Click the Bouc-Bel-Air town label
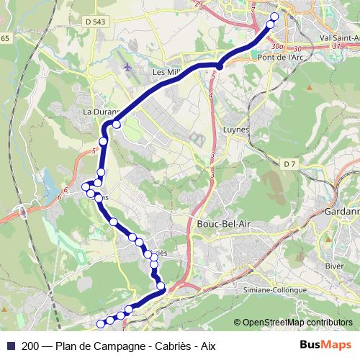pyautogui.click(x=223, y=224)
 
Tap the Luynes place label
pyautogui.click(x=235, y=130)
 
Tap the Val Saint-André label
pyautogui.click(x=338, y=37)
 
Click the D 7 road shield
pyautogui.click(x=289, y=164)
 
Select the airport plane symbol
pyautogui.click(x=127, y=67)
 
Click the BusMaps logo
pyautogui.click(x=325, y=344)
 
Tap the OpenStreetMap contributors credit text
pyautogui.click(x=297, y=323)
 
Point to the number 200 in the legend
pyautogui.click(x=30, y=345)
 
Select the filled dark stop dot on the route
pyautogui.click(x=219, y=66)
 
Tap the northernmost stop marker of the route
pyautogui.click(x=274, y=16)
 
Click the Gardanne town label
pyautogui.click(x=342, y=213)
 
